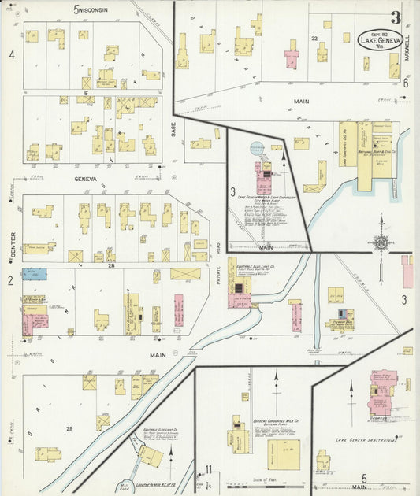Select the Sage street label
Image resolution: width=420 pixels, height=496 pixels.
pos(173,128)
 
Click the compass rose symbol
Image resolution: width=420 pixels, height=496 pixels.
pos(381,244)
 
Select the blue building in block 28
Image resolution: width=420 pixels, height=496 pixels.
pos(34,274)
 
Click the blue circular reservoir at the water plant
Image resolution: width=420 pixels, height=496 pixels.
pos(258,148)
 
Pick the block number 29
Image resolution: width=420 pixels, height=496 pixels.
pos(69,428)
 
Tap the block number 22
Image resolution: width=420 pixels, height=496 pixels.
pos(314,38)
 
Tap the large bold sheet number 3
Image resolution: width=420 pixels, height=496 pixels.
pos(395,17)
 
